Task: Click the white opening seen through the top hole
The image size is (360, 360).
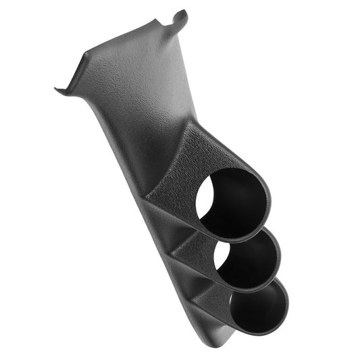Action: [206, 196]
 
